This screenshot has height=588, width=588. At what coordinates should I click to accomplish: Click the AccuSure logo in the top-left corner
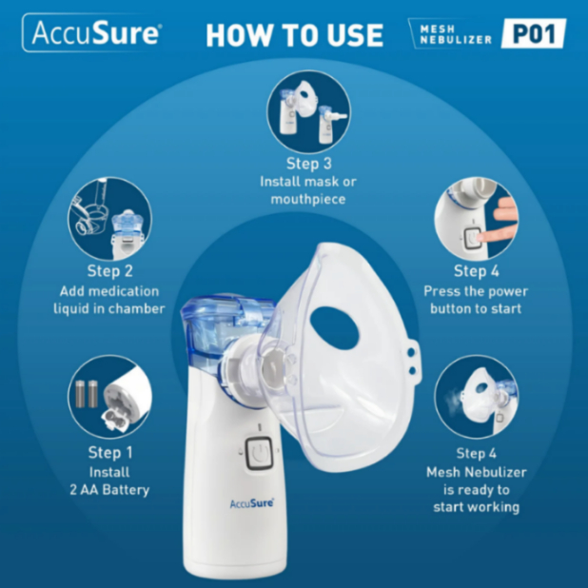pos(92,32)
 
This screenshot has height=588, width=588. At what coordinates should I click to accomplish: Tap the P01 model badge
pos(534,33)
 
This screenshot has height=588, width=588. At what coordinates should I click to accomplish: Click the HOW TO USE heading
pos(294,35)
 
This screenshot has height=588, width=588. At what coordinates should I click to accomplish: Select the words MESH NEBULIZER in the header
pos(456,34)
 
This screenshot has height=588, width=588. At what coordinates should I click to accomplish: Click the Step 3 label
pos(308,164)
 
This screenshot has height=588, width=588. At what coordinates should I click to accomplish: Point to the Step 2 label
pos(109,271)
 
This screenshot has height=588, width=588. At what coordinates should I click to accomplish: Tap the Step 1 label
pos(109,452)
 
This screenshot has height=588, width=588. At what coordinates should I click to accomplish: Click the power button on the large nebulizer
pos(259,454)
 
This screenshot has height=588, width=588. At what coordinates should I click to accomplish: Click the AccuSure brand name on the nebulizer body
pos(251,503)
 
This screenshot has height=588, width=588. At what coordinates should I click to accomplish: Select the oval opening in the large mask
pos(335,328)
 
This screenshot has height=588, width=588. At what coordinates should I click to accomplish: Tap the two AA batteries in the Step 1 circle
pos(87,394)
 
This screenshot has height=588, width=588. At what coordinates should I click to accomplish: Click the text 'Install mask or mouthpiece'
pos(308,190)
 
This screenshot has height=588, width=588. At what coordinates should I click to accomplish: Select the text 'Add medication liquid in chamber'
pos(109,300)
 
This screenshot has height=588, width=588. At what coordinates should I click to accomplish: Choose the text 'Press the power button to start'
pos(476,300)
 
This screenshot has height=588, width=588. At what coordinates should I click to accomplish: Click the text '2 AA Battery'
pos(109,490)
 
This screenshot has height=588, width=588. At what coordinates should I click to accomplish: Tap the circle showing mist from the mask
pos(477,397)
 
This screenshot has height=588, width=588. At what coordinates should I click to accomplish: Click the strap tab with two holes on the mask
pos(412,362)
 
